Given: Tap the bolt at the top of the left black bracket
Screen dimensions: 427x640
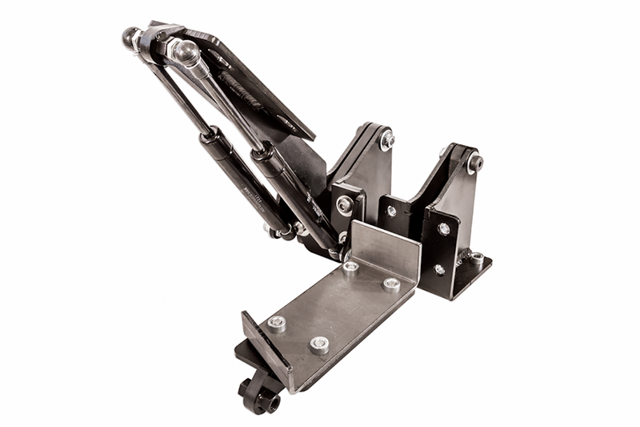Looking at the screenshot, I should [x=388, y=139].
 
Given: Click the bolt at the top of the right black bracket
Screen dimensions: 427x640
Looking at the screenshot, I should [x=475, y=163].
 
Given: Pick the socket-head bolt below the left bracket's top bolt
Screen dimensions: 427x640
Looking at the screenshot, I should [x=345, y=204].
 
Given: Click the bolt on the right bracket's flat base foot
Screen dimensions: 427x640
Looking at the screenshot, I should [x=478, y=258].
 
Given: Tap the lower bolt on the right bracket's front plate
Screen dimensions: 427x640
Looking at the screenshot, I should [x=440, y=270].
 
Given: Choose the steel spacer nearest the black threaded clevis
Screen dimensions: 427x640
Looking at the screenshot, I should [x=277, y=323].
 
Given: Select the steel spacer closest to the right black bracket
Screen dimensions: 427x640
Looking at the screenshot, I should [x=391, y=284].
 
